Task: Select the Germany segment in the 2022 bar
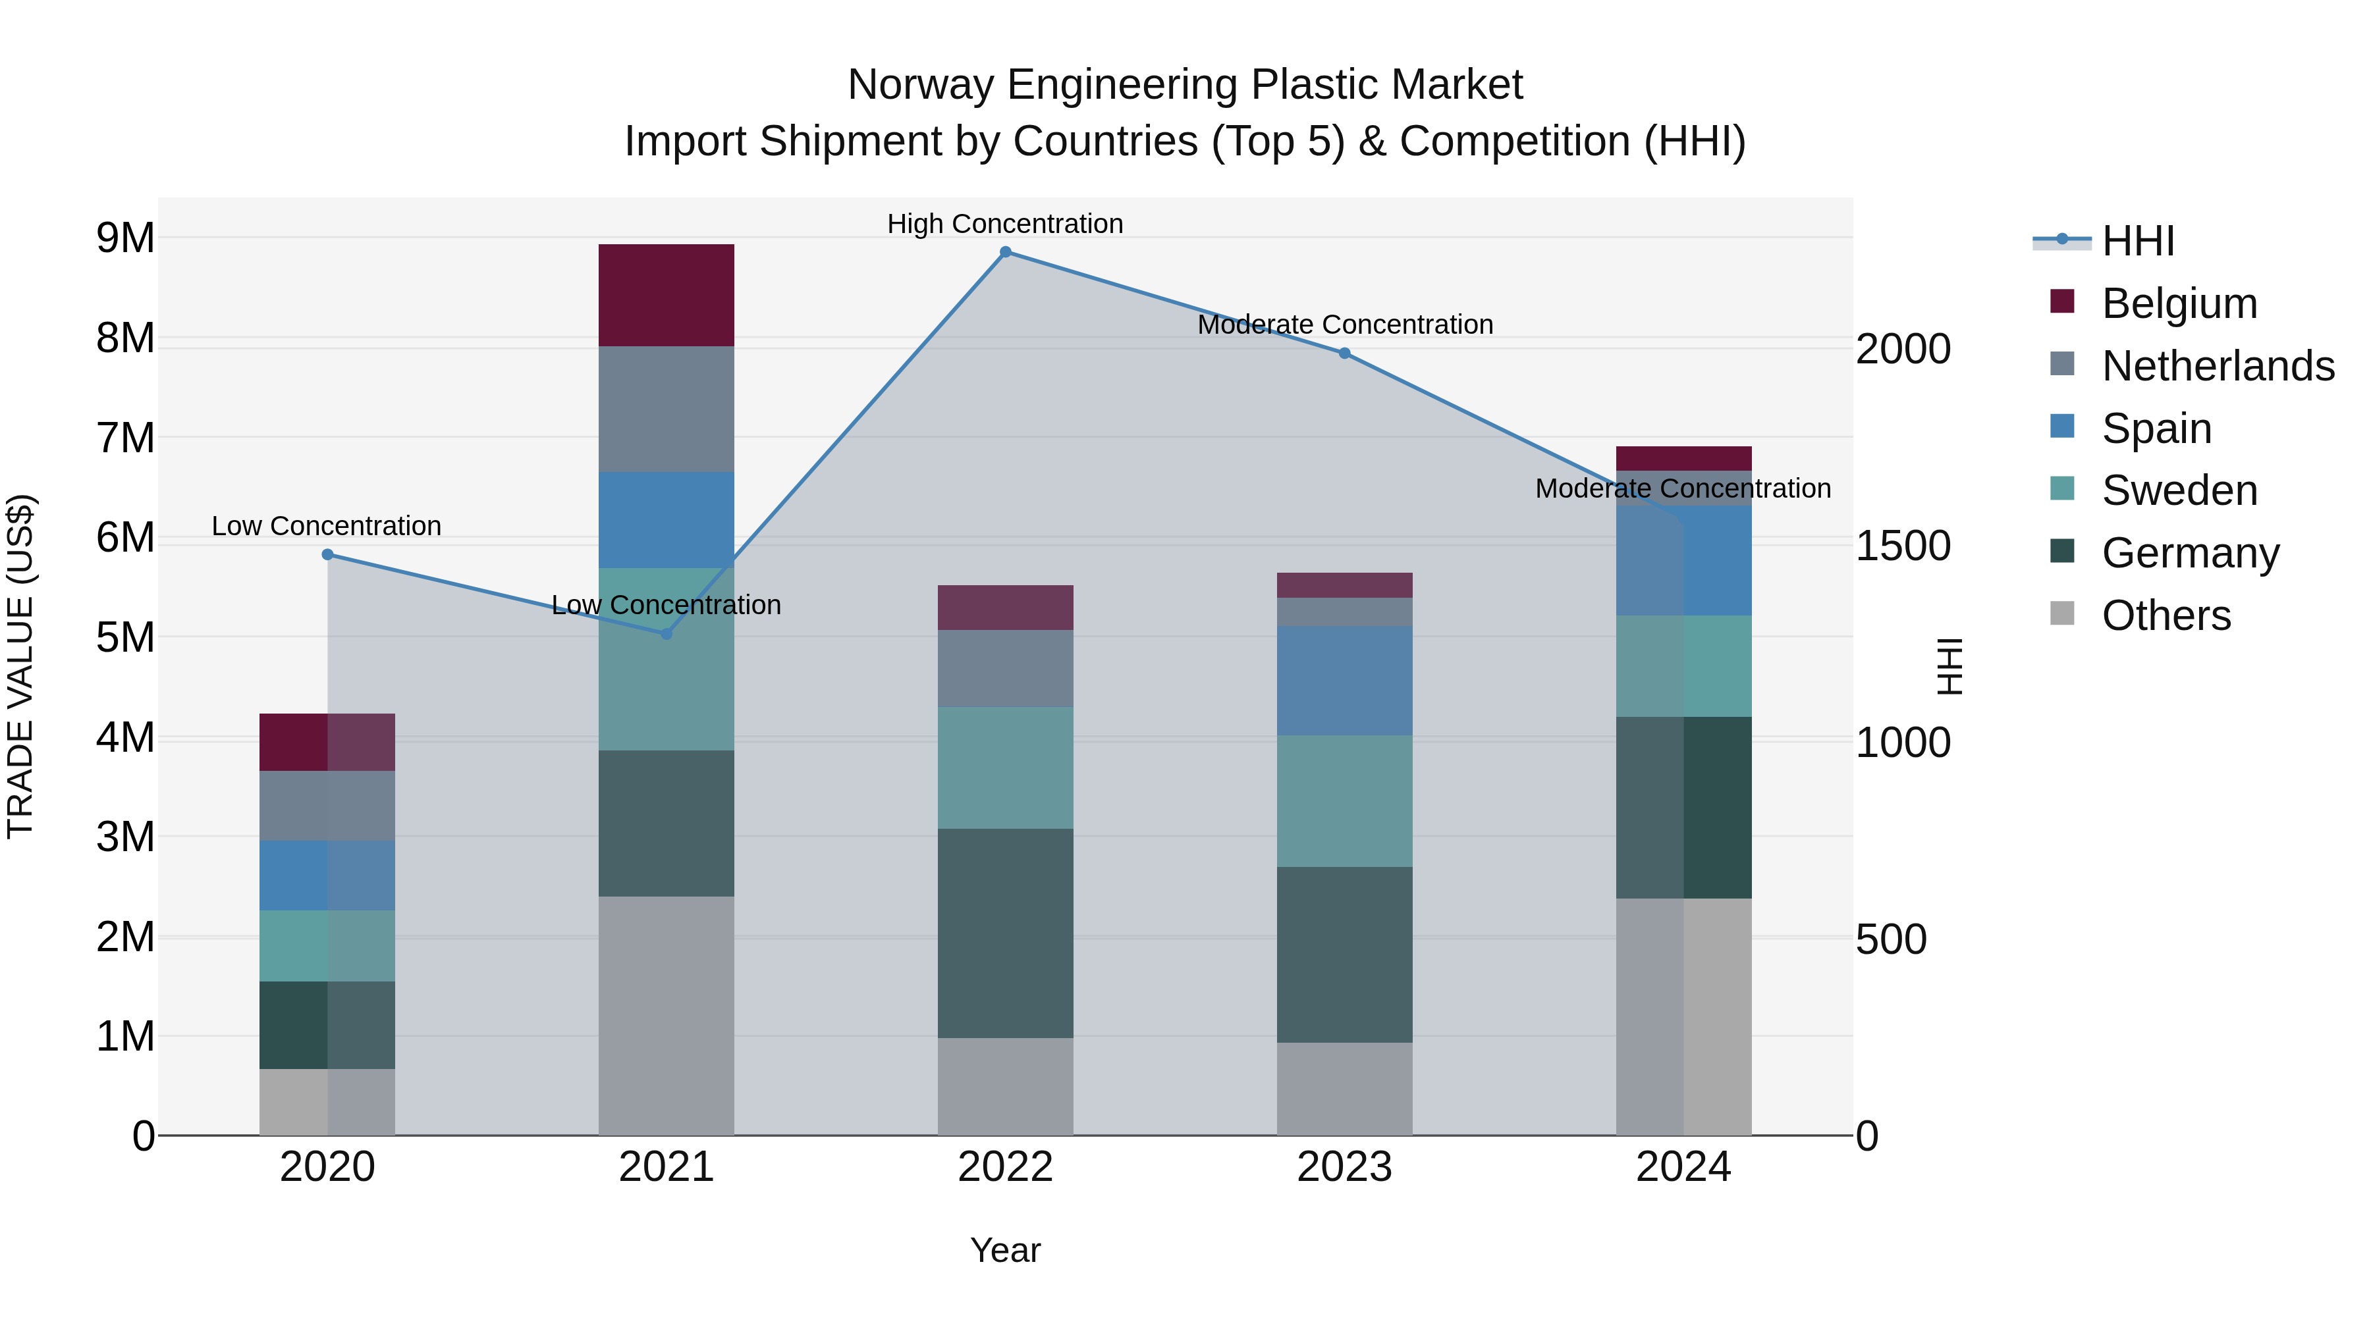[1005, 933]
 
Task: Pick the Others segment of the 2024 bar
[1683, 1016]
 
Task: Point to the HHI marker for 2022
[1005, 252]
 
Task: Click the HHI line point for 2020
[328, 555]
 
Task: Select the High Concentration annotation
[1005, 224]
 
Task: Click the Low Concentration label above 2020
[327, 526]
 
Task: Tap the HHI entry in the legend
[2137, 241]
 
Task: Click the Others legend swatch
[2063, 614]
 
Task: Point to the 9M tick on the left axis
[125, 238]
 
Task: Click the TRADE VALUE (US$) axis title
[20, 666]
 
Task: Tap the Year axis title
[1005, 1250]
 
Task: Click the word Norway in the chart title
[921, 85]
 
